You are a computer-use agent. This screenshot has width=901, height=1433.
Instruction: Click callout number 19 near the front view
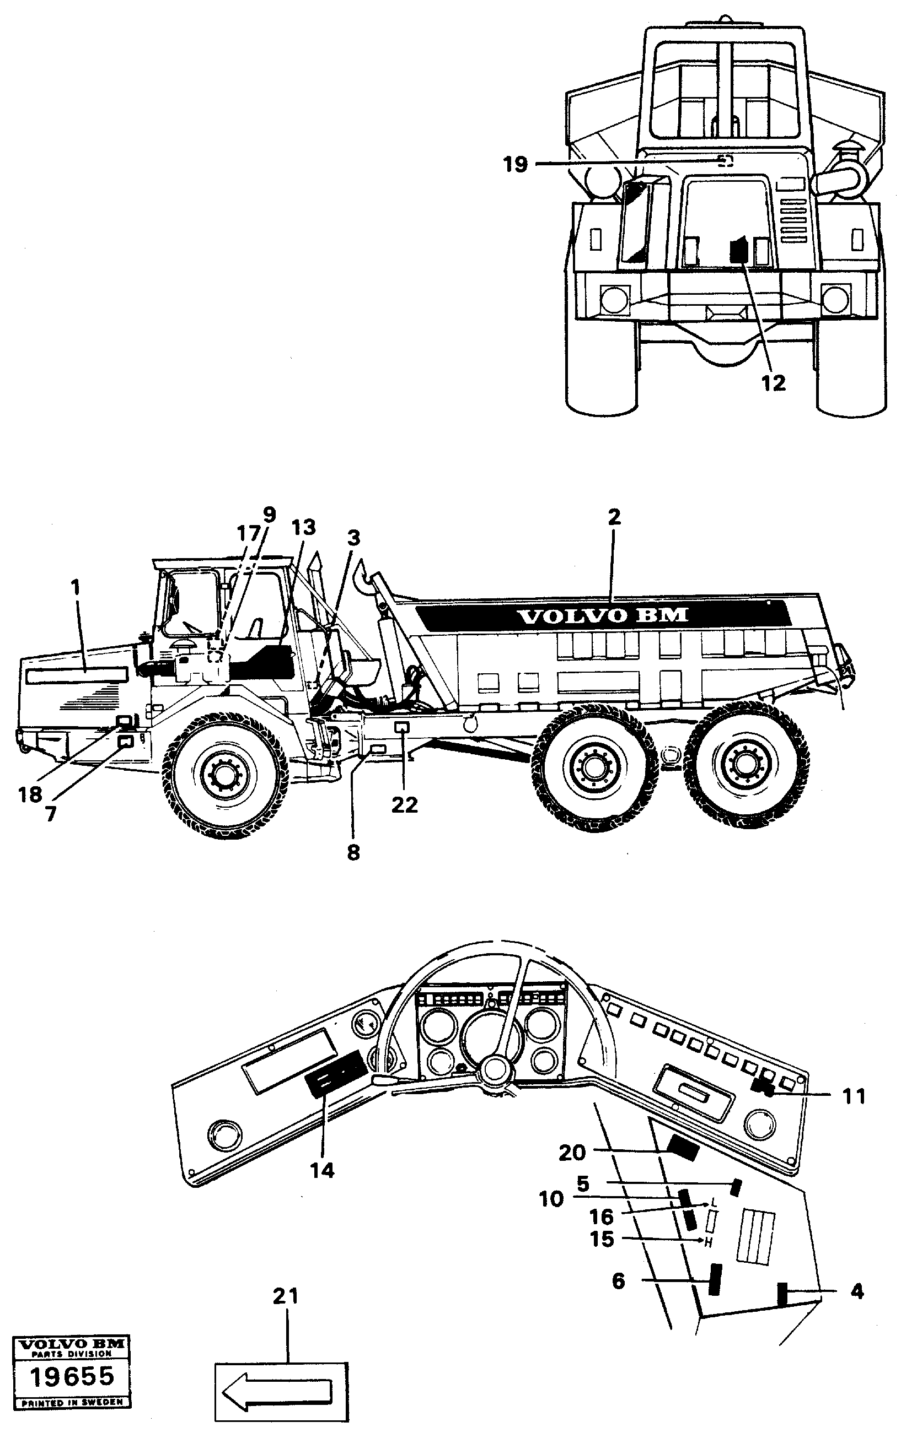coord(515,164)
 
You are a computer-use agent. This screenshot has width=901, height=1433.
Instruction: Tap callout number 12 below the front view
coord(773,383)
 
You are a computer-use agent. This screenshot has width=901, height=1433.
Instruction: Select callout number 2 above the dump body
coord(614,517)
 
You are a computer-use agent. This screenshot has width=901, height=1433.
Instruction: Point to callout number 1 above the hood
coord(75,588)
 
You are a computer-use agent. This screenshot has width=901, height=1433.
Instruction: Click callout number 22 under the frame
coord(404,805)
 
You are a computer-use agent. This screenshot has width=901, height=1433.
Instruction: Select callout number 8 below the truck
coord(353,853)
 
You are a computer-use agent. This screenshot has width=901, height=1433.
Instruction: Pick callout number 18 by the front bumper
coord(30,794)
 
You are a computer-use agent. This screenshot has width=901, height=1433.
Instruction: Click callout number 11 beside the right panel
coord(854,1096)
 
